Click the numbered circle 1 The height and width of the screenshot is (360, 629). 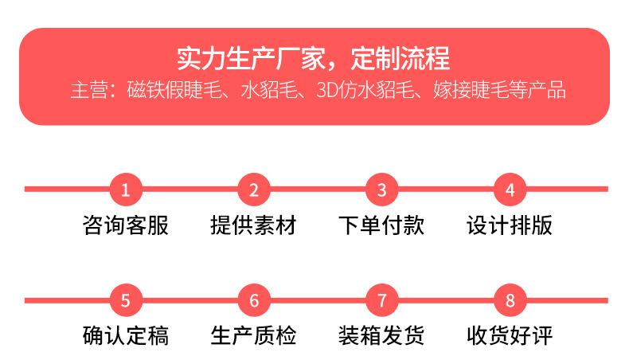[126, 190]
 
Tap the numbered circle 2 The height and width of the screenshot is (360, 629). [254, 190]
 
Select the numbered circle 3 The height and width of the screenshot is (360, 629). [382, 190]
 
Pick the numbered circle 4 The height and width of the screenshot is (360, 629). [510, 190]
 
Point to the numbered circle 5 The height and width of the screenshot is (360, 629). [126, 300]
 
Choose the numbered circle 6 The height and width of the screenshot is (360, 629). [254, 300]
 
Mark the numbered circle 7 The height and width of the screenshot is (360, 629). [382, 300]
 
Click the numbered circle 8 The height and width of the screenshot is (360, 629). [510, 300]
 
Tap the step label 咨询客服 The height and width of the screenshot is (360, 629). [126, 225]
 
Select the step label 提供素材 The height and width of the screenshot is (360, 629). [254, 225]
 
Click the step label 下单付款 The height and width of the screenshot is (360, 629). [382, 225]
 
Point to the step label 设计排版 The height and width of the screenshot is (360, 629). [510, 225]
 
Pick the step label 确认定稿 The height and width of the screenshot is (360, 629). [126, 335]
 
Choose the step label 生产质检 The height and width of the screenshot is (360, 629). [254, 335]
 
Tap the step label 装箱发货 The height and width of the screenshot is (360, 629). [382, 335]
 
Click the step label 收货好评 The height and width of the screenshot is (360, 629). [510, 335]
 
